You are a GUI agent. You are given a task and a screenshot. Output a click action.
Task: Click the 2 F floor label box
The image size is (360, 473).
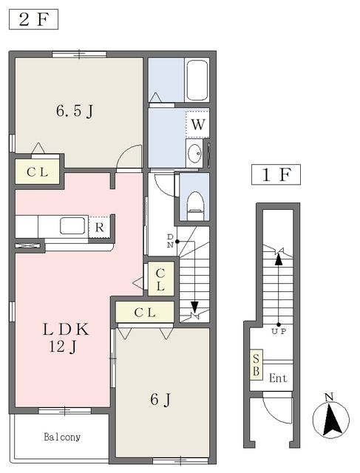pos(33,20)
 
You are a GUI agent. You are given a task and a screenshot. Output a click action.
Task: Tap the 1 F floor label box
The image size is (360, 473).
pos(276,174)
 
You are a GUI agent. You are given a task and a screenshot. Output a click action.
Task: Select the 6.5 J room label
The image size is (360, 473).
pos(75,111)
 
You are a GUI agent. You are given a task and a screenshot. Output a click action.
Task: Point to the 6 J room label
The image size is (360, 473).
pos(160,400)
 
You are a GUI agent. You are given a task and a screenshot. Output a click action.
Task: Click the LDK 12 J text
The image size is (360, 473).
pos(66,338)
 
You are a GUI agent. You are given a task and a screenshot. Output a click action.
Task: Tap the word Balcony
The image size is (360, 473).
pos(62,437)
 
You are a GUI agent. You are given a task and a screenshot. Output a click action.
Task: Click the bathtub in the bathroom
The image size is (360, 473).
pos(197,80)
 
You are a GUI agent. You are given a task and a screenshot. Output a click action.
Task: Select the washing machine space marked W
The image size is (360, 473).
pos(197,124)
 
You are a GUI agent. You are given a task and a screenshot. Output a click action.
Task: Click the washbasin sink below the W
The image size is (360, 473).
pos(194,153)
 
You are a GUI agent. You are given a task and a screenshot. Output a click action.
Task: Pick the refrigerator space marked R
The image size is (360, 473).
pos(99,227)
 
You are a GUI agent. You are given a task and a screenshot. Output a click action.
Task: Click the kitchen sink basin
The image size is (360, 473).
pos(72,226)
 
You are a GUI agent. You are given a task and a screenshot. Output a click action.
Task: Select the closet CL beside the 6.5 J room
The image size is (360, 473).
pos(37,172)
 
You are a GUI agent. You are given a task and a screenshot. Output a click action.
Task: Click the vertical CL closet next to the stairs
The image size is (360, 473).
pos(160,279)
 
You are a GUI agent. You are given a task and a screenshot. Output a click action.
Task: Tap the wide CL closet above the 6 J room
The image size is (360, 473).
pos(145,312)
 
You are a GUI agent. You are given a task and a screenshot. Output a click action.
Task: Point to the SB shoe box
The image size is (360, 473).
pos(257,364)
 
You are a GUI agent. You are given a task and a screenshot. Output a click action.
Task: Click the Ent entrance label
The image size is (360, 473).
pos(278,378)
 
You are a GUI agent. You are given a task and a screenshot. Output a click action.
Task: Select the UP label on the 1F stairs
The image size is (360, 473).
pos(279,332)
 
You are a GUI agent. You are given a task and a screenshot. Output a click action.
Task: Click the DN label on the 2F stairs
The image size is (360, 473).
pos(170,240)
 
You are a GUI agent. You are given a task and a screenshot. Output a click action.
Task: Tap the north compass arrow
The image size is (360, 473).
pos(331,420)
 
